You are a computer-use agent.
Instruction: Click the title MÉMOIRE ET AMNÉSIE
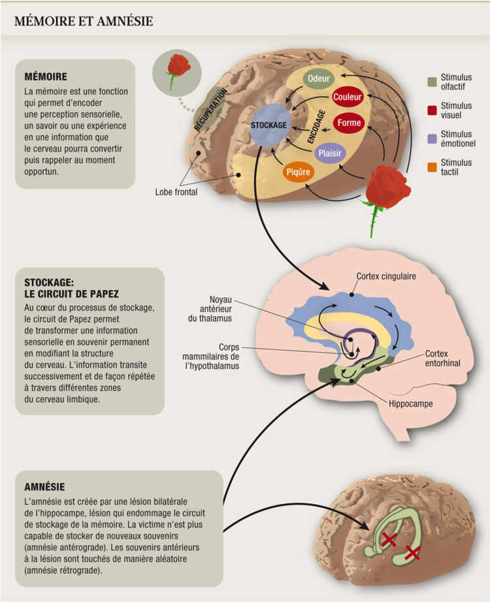(x=84, y=22)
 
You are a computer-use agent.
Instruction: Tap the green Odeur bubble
(x=318, y=78)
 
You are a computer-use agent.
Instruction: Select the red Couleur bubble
(x=347, y=97)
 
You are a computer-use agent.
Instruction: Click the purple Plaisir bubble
(x=329, y=153)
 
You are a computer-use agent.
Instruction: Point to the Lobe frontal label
(x=176, y=192)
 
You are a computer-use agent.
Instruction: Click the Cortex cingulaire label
(x=386, y=276)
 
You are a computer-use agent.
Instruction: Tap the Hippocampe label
(x=410, y=404)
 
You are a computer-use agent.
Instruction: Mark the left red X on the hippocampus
(x=389, y=539)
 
